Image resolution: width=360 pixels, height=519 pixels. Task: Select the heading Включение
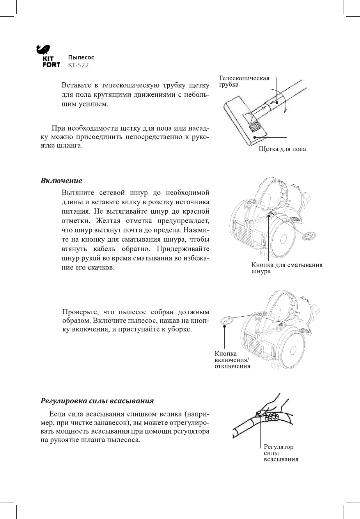61,181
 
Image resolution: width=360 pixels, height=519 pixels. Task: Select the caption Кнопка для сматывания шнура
286,268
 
